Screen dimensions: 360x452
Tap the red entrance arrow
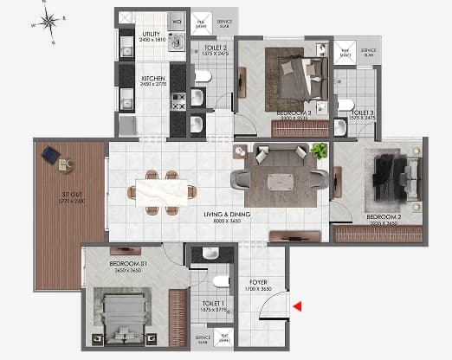[297, 305]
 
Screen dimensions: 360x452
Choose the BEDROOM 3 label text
[293, 112]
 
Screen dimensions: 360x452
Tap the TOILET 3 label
[362, 113]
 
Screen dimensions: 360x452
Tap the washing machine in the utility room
[179, 41]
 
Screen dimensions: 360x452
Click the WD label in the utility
[178, 21]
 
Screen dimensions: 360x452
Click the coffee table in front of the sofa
[281, 180]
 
